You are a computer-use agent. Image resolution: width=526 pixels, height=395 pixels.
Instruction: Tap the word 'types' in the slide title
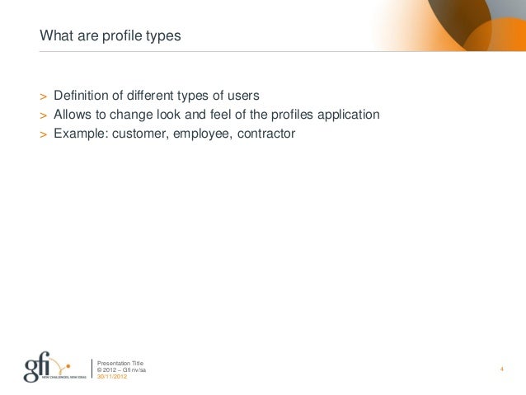click(x=161, y=37)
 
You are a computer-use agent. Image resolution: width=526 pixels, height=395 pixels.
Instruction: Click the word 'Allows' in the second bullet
click(x=73, y=115)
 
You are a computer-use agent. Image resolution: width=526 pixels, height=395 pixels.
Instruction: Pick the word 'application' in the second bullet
click(x=349, y=115)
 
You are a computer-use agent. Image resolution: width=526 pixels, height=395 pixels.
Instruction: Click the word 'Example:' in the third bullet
click(x=80, y=132)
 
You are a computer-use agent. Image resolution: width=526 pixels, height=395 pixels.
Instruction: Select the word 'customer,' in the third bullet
click(x=140, y=132)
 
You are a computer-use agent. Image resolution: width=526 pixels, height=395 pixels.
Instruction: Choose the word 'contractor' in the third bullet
click(x=265, y=132)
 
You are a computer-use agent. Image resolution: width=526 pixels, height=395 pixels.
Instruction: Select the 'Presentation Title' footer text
click(x=120, y=362)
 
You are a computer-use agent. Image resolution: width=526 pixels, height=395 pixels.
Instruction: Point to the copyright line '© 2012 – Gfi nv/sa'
click(x=122, y=369)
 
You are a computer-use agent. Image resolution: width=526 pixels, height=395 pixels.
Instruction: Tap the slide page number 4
click(x=501, y=369)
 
